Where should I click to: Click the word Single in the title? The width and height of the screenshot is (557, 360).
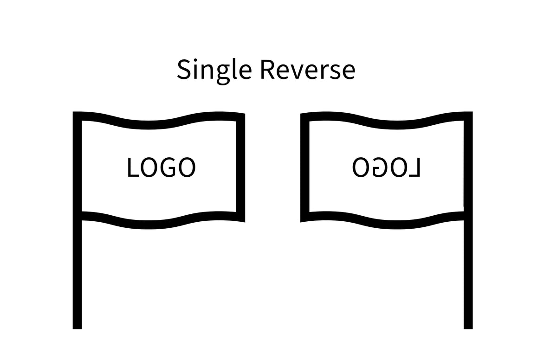pyautogui.click(x=214, y=71)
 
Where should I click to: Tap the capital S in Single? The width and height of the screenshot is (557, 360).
pyautogui.click(x=184, y=69)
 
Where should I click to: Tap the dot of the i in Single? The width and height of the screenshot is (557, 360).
pyautogui.click(x=195, y=60)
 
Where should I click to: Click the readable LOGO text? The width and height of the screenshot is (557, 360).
pyautogui.click(x=162, y=167)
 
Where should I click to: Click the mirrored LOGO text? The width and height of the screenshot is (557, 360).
pyautogui.click(x=386, y=167)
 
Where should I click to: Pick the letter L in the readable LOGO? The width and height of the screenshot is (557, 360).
pyautogui.click(x=133, y=167)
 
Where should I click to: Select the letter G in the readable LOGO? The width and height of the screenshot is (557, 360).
pyautogui.click(x=169, y=167)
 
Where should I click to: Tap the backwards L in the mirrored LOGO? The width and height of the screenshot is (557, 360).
pyautogui.click(x=415, y=167)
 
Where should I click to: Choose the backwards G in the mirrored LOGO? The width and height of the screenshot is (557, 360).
pyautogui.click(x=379, y=167)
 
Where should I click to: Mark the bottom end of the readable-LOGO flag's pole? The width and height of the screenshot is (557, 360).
pyautogui.click(x=77, y=329)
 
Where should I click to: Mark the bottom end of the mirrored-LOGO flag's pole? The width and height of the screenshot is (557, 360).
pyautogui.click(x=468, y=329)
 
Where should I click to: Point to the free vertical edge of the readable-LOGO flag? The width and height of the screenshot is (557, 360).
pyautogui.click(x=241, y=168)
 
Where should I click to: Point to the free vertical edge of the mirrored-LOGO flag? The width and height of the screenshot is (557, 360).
pyautogui.click(x=305, y=168)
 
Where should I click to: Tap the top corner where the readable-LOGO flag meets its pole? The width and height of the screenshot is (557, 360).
pyautogui.click(x=73, y=112)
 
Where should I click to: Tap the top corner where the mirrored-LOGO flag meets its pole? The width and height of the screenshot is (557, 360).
pyautogui.click(x=473, y=112)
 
